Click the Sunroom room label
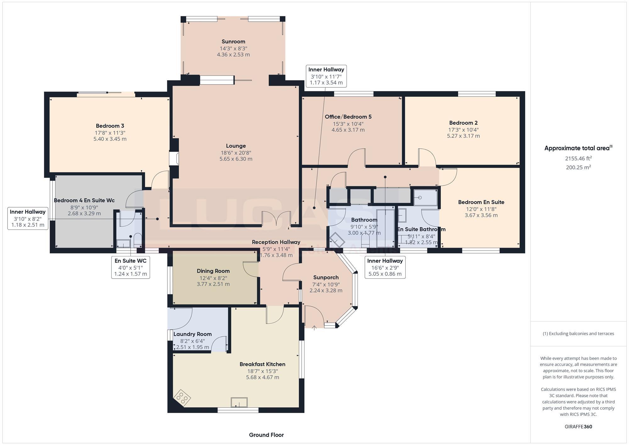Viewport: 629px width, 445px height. coord(233,42)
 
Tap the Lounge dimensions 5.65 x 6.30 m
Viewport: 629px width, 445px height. coord(236,159)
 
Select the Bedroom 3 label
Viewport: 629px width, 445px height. coord(110,126)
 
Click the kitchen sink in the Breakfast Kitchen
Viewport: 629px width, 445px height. coord(239,402)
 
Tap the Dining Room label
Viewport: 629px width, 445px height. coord(213,271)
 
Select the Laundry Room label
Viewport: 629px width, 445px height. coord(192,334)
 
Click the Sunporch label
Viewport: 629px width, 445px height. coord(326,277)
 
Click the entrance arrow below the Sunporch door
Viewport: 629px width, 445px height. coord(314,328)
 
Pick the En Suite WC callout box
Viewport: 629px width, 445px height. coord(130,267)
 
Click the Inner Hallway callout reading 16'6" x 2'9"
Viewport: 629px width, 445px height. coord(385,267)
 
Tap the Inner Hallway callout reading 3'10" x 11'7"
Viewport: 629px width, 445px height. coord(326,76)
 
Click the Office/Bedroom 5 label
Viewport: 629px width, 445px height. coord(348,117)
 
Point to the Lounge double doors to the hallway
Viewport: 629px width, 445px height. coord(276,219)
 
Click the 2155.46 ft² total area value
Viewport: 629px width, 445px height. coord(578,159)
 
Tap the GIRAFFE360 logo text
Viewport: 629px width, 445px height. coord(578,427)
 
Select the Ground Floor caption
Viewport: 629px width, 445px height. coord(266,435)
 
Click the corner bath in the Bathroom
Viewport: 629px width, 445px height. coord(337,240)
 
